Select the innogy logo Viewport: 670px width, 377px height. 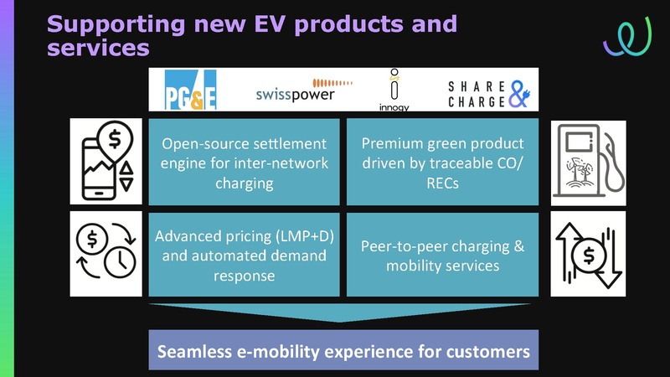pos(394,90)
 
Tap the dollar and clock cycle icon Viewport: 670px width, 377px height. pos(107,254)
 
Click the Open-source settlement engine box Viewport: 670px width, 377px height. pos(245,161)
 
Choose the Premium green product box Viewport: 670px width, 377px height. pos(443,161)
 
